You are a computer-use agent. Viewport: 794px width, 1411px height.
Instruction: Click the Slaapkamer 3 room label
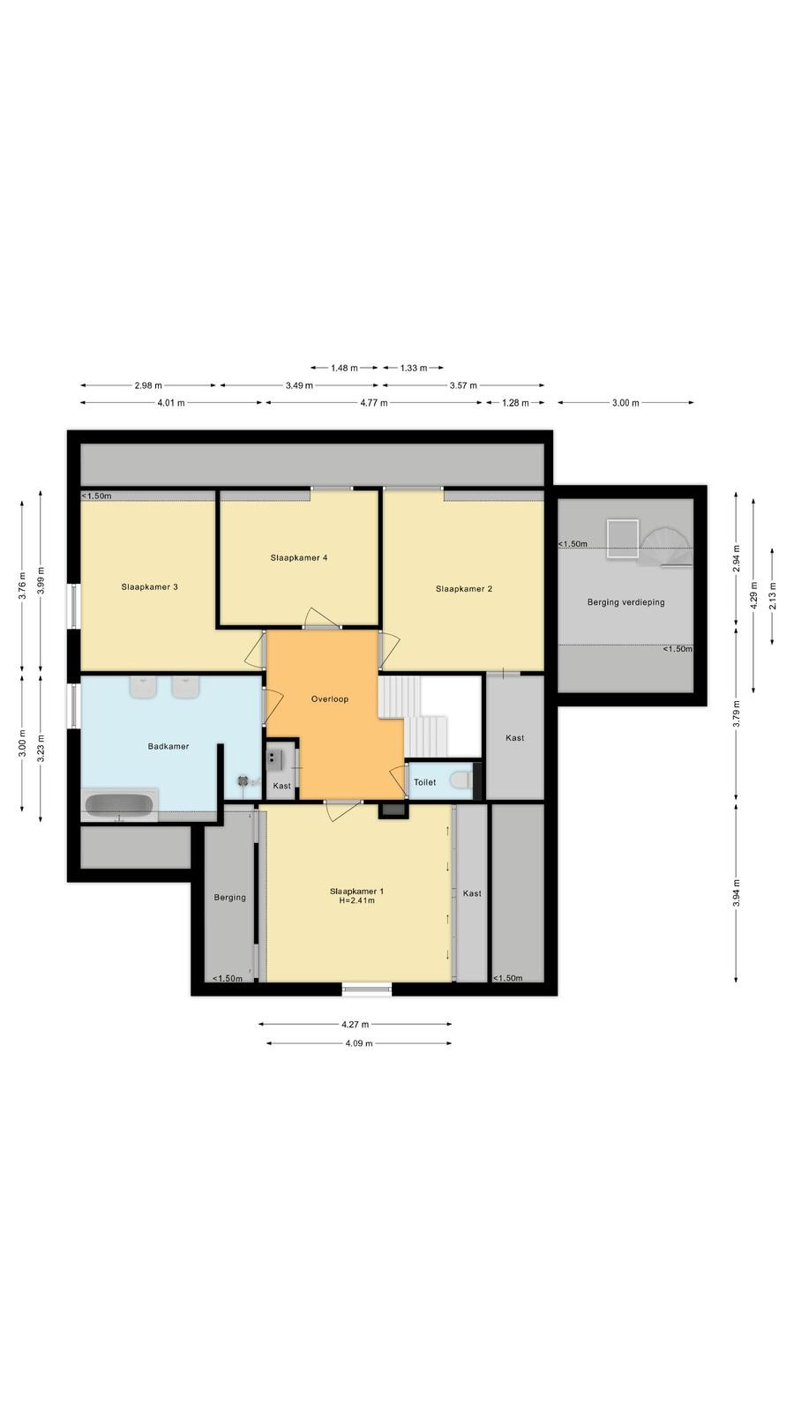click(x=149, y=587)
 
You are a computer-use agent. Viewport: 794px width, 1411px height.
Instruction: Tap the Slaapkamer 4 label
click(x=299, y=557)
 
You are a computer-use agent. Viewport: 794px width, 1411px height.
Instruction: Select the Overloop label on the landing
click(x=330, y=698)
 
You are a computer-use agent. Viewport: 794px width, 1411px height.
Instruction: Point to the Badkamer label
click(x=169, y=746)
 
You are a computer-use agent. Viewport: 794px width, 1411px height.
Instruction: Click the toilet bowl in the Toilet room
click(x=461, y=780)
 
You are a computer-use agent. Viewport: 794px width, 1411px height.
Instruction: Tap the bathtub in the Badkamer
click(x=119, y=805)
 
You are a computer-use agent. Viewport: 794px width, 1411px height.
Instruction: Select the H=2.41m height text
click(x=356, y=900)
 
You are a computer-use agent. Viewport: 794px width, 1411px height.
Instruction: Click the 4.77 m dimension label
click(x=374, y=403)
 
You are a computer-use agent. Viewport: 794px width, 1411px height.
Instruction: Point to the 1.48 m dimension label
click(x=344, y=368)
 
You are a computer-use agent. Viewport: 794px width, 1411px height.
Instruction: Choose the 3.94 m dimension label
click(x=736, y=893)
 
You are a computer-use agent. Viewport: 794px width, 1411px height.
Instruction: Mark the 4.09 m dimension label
click(x=358, y=1043)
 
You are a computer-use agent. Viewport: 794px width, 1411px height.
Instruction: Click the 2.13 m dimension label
click(x=773, y=595)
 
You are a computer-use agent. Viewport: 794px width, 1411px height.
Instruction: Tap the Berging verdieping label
click(x=625, y=602)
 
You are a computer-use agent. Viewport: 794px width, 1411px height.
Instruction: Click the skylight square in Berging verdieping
click(x=623, y=539)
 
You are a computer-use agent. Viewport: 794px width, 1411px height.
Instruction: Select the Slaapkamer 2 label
click(x=464, y=589)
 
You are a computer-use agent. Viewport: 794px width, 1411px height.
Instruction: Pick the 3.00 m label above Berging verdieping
click(x=625, y=403)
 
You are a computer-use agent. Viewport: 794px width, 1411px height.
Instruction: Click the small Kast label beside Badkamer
click(x=281, y=786)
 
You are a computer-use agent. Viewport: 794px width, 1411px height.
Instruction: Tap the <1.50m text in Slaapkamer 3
click(x=97, y=496)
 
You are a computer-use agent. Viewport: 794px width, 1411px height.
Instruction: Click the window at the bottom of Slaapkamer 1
click(x=367, y=989)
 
